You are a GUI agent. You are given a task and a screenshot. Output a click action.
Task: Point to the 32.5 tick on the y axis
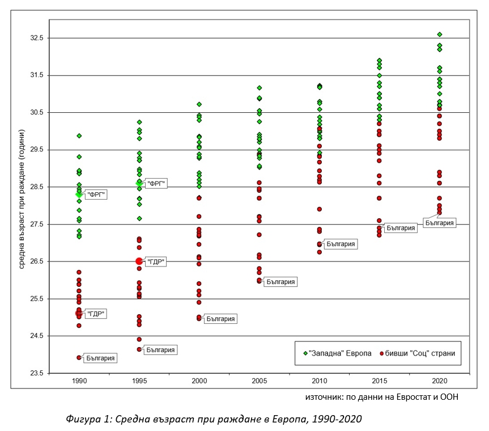click(37, 38)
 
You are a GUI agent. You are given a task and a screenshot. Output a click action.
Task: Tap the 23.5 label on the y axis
click(37, 373)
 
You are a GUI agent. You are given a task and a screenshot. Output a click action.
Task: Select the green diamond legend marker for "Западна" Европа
click(305, 353)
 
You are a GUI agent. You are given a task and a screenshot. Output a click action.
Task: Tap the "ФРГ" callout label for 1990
click(96, 195)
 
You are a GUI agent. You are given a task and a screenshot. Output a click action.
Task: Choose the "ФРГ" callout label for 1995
click(157, 184)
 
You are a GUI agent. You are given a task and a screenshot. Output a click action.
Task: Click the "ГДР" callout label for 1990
click(96, 314)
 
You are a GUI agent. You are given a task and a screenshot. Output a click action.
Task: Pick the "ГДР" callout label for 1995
click(156, 261)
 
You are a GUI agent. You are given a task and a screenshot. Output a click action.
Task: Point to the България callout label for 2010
click(341, 244)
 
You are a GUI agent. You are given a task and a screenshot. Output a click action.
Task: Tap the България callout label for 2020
click(439, 223)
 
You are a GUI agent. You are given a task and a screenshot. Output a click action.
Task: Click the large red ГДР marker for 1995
click(139, 261)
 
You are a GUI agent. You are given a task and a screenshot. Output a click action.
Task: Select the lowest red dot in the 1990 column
click(79, 357)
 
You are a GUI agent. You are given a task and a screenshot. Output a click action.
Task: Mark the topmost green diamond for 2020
click(439, 35)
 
